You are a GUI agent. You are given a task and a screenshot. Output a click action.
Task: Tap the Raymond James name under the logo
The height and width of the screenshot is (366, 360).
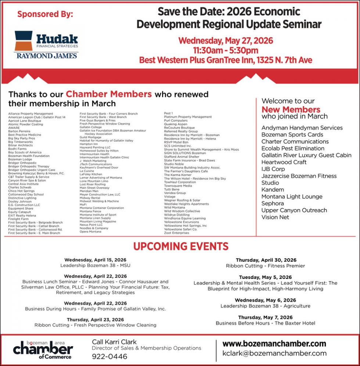point(46,56)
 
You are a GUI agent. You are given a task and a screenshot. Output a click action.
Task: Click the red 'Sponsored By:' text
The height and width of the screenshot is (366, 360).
point(45,15)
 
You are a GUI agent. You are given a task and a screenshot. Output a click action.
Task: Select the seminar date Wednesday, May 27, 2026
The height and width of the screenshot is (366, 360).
point(226,40)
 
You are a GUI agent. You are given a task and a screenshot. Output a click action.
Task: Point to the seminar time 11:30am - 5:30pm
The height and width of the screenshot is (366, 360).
point(226,50)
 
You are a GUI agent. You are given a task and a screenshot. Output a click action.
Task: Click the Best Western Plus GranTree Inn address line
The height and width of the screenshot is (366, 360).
point(226,60)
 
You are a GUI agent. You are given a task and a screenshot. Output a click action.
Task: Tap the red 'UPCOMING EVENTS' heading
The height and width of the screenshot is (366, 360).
point(180,246)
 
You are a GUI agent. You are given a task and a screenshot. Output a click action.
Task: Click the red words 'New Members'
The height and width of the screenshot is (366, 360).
point(291,110)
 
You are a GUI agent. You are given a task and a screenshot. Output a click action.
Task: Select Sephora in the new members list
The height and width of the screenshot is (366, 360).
point(273,203)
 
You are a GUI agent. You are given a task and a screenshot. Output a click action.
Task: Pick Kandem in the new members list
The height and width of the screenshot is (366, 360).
point(273,190)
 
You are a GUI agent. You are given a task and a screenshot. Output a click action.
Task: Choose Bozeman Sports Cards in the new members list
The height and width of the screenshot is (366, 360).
point(292,134)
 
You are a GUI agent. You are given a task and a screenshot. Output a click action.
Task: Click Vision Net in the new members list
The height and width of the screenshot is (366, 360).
point(275,217)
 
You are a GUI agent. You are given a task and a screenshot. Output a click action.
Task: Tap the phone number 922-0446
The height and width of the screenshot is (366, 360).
point(109,356)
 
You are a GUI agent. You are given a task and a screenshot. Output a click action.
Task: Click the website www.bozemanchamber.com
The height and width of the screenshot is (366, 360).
point(274,344)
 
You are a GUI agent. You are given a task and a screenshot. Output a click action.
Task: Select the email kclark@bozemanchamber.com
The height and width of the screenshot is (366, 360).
point(274,354)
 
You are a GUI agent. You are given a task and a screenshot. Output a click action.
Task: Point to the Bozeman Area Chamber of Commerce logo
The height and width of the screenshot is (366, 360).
point(43,349)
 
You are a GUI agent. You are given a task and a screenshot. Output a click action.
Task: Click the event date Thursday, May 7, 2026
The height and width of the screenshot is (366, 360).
point(265,317)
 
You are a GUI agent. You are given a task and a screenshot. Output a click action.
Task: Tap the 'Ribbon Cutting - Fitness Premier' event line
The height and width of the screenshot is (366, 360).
point(265,266)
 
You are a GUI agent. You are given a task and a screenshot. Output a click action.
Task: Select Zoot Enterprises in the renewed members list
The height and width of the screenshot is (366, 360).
point(176,233)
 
